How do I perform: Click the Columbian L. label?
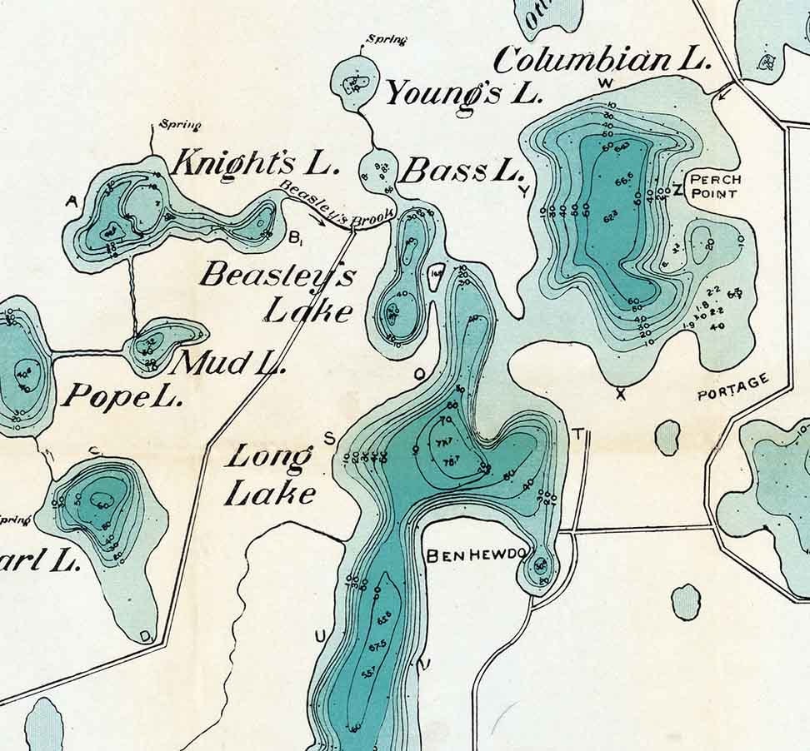click(x=602, y=59)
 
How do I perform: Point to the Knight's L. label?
click(x=256, y=162)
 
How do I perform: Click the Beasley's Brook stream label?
click(x=336, y=206)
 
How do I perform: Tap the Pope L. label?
click(x=122, y=396)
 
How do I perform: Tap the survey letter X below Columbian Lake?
click(x=620, y=395)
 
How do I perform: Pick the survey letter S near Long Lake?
click(x=328, y=438)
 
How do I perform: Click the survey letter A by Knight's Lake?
click(x=71, y=201)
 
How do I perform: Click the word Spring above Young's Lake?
click(x=387, y=39)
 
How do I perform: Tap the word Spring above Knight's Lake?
click(x=181, y=126)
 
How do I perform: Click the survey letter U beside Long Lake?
click(x=321, y=638)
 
